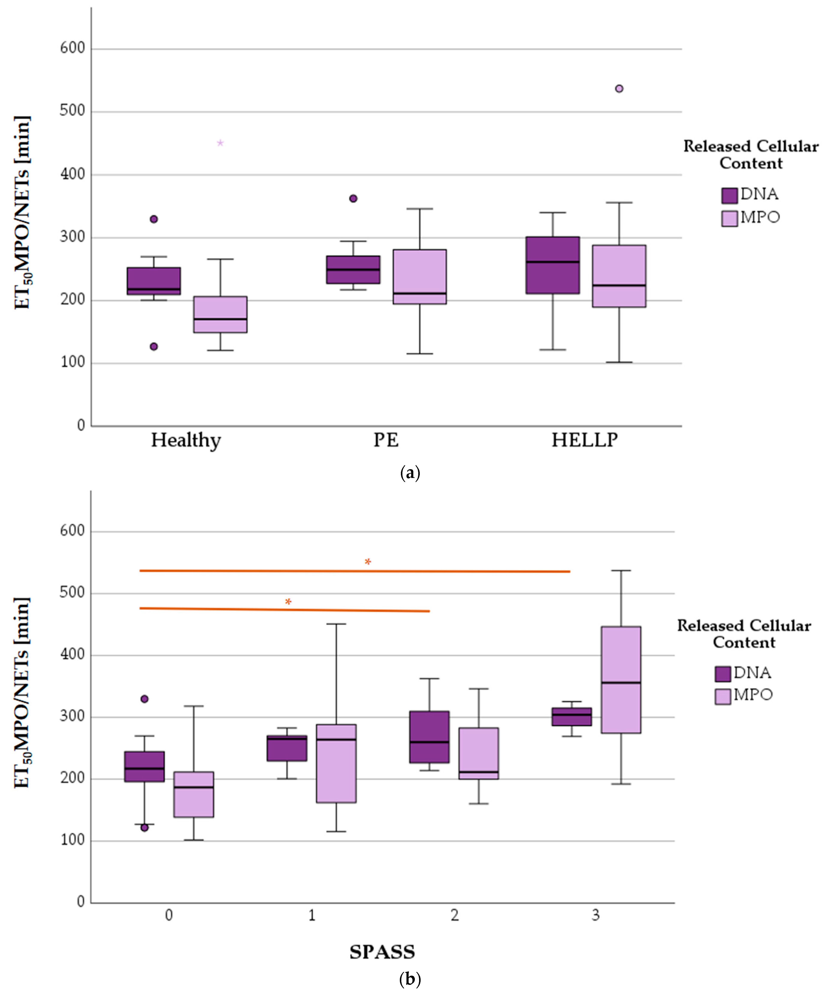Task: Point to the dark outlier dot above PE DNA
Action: [353, 198]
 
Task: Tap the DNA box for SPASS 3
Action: [571, 717]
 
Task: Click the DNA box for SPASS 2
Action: [429, 737]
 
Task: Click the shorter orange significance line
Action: [285, 610]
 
